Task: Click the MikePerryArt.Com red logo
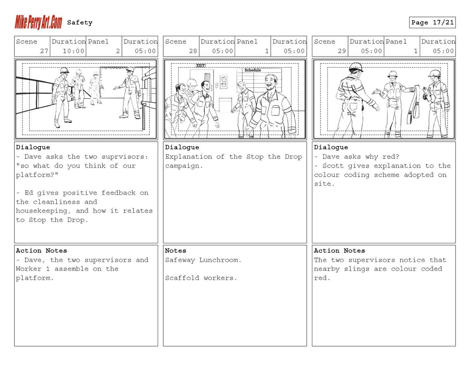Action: tap(38, 22)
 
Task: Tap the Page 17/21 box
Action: tap(432, 23)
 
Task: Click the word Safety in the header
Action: tap(80, 23)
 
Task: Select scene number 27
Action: tap(44, 51)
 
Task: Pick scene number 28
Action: tap(193, 51)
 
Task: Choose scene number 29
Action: tap(342, 51)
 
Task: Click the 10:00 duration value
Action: tap(73, 51)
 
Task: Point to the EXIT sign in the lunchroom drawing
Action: tap(201, 65)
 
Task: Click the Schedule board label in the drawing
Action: tap(253, 70)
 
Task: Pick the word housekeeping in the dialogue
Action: tap(41, 211)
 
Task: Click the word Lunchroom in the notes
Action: tap(220, 260)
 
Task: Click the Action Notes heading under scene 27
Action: tap(41, 251)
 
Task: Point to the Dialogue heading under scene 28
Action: tap(182, 147)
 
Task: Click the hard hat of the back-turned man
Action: tap(356, 67)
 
